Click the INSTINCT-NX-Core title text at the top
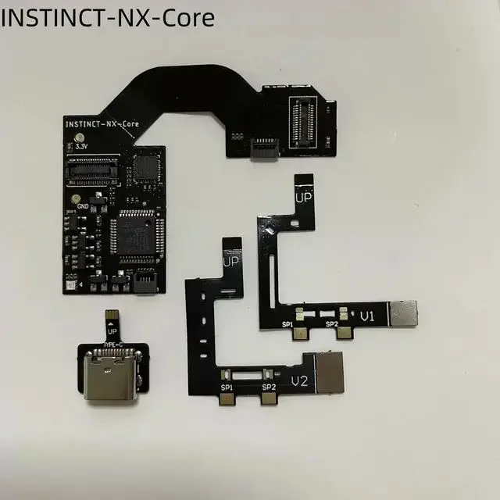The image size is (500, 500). coord(108,16)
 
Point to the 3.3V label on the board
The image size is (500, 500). coord(82,146)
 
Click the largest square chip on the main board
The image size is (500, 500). coord(134,239)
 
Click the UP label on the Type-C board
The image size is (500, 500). coord(112,331)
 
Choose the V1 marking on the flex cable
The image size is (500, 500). coord(368,317)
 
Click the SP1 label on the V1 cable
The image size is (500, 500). coord(288,323)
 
